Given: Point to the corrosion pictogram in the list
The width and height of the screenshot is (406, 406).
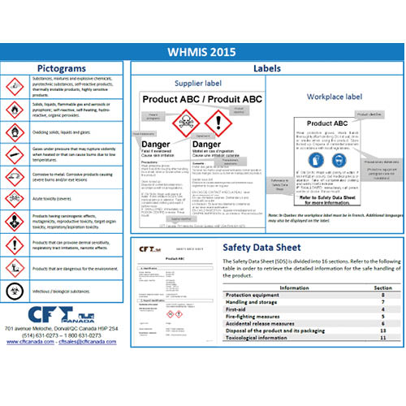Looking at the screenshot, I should (x=15, y=176).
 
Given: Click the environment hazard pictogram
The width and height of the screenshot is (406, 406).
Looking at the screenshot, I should (x=15, y=267).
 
